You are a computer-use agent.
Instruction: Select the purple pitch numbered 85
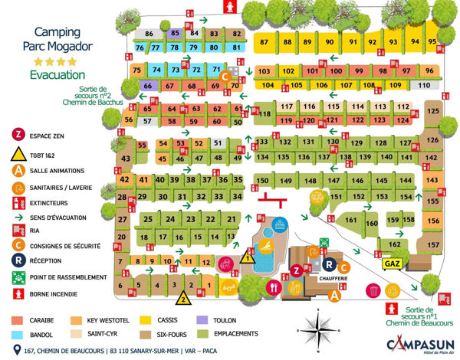pyautogui.click(x=175, y=34)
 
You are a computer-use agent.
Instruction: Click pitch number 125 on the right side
pyautogui.click(x=433, y=112)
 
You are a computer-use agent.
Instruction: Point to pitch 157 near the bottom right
pyautogui.click(x=433, y=245)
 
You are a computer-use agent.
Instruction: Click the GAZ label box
pyautogui.click(x=393, y=262)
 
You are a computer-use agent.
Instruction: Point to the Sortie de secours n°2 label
pyautogui.click(x=87, y=97)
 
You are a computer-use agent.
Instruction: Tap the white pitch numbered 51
pyautogui.click(x=218, y=143)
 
